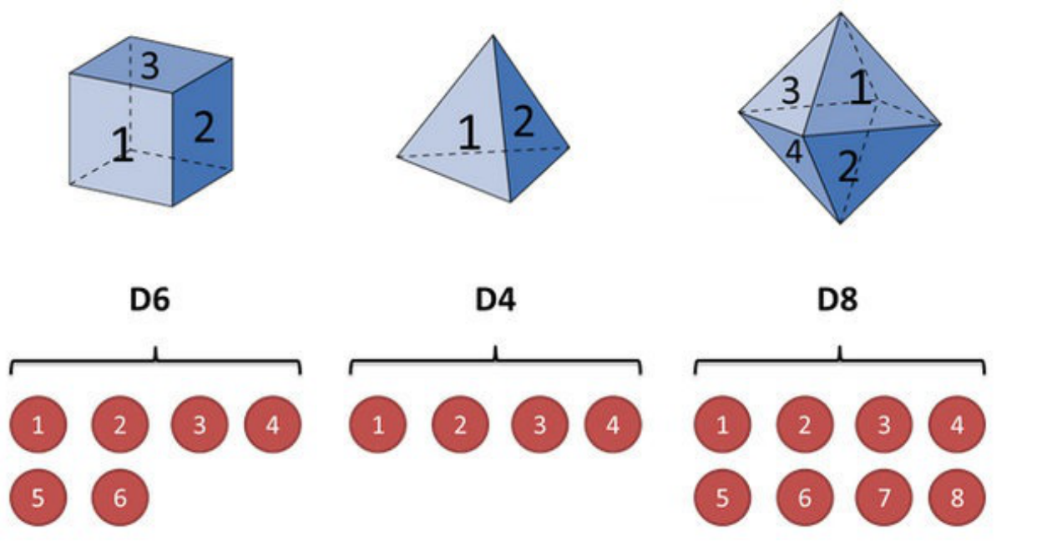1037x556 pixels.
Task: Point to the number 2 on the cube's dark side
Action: pyautogui.click(x=204, y=128)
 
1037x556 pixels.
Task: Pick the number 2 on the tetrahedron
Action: pyautogui.click(x=524, y=123)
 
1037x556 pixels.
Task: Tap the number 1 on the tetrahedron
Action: pyautogui.click(x=469, y=134)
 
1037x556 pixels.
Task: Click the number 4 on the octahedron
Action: pyautogui.click(x=793, y=153)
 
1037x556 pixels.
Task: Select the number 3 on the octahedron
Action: pyautogui.click(x=790, y=91)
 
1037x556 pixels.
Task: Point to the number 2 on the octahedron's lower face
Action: pyautogui.click(x=847, y=169)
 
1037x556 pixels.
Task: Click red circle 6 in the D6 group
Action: pyautogui.click(x=120, y=498)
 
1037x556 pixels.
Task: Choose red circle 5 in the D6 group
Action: pyautogui.click(x=38, y=498)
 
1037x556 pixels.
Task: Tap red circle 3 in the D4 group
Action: pyautogui.click(x=539, y=426)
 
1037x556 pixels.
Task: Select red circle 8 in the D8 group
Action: pyautogui.click(x=957, y=498)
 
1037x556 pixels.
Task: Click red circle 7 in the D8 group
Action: pyautogui.click(x=883, y=498)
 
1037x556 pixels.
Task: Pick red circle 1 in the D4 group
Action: pyautogui.click(x=378, y=426)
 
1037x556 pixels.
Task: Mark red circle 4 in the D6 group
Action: pyautogui.click(x=272, y=426)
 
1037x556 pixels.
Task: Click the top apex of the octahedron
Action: pyautogui.click(x=840, y=13)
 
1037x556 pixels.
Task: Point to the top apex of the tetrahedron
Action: pyautogui.click(x=494, y=35)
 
